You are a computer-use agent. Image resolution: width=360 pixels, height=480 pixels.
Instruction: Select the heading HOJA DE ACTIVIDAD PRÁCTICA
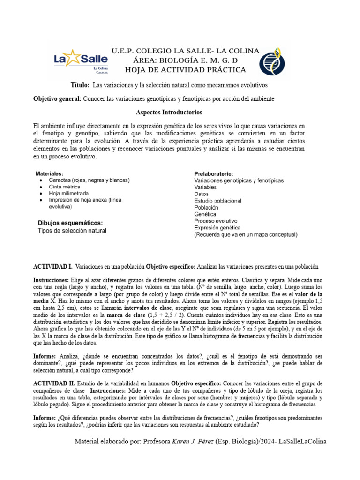point(185,70)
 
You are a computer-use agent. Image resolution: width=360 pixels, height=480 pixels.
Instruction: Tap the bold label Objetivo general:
point(57,99)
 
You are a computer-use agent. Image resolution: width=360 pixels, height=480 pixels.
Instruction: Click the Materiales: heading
point(50,173)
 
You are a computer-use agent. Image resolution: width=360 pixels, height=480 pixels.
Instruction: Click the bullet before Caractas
point(43,180)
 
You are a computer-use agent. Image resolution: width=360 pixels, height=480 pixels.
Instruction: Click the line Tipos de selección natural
point(72,231)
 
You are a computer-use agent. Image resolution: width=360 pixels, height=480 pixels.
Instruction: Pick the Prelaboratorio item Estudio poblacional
point(218,200)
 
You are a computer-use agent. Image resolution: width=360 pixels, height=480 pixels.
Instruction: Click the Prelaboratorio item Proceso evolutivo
point(216,221)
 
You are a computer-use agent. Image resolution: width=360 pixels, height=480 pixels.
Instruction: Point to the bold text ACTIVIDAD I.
point(52,266)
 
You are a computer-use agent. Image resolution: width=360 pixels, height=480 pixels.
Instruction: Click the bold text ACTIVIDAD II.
point(54,384)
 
